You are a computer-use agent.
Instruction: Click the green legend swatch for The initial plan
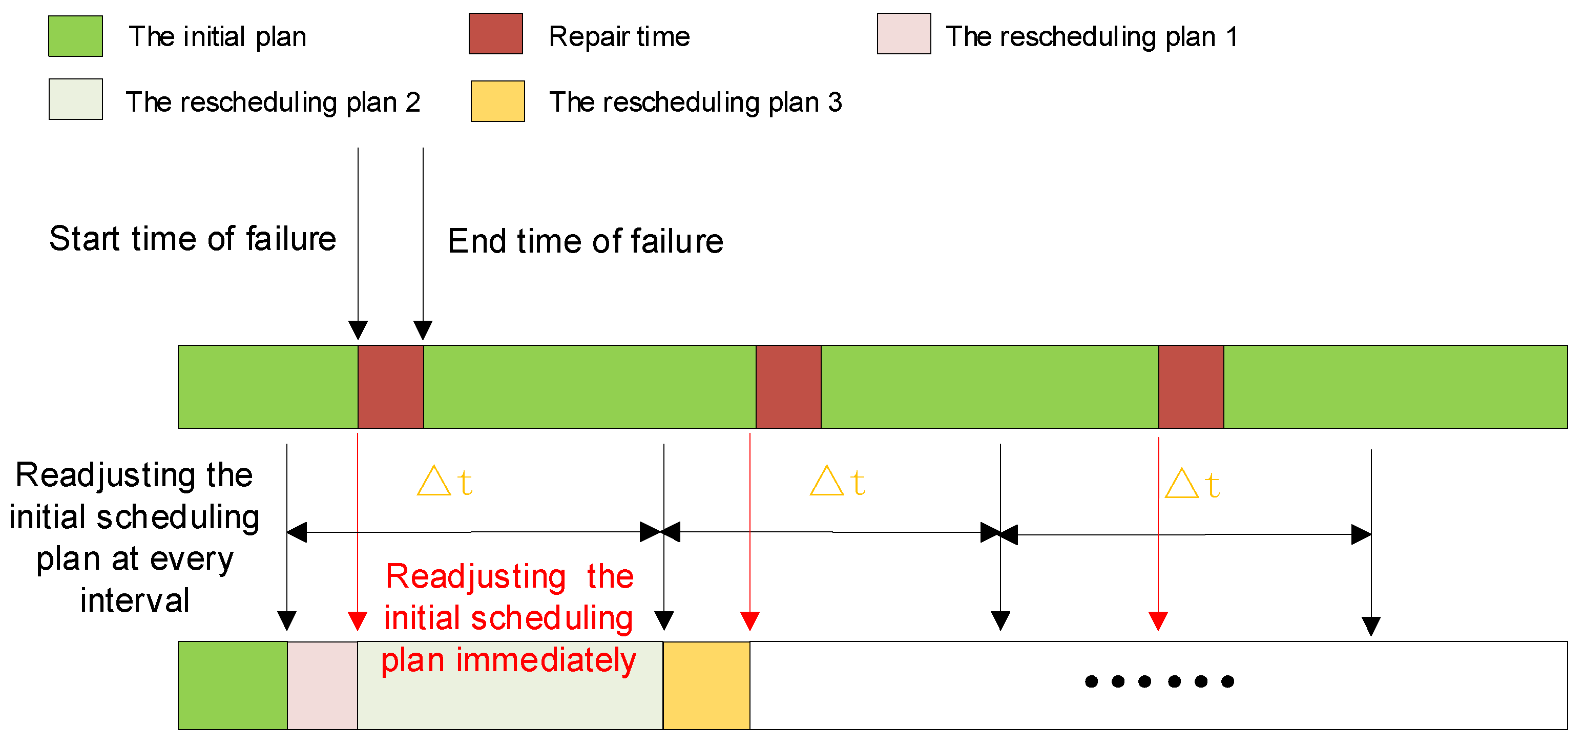coord(75,36)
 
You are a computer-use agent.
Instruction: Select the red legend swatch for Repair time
coord(495,34)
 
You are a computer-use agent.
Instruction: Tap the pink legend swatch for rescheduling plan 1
coord(903,34)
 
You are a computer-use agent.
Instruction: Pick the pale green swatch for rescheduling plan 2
coord(75,99)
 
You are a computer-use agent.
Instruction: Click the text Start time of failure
coord(193,239)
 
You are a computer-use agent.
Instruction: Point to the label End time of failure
coord(585,241)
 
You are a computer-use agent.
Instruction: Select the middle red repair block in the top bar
coord(788,386)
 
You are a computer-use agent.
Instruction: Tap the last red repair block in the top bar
coord(1191,386)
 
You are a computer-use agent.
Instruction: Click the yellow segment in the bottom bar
coord(706,685)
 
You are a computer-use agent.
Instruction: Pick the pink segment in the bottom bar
coord(322,685)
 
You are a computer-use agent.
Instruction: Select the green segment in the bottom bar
coord(232,685)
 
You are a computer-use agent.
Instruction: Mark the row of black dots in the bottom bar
coord(1159,681)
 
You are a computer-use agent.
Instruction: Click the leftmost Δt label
coord(444,481)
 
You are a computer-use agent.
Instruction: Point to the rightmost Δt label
coord(1192,484)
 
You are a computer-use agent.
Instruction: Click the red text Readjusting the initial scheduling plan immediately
coord(508,618)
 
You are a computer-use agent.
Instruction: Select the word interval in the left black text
coord(135,600)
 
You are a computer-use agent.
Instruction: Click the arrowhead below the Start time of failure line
coord(358,330)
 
